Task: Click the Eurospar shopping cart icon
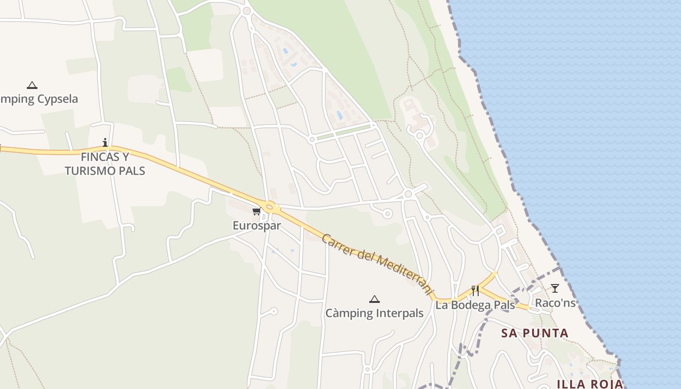click(x=256, y=211)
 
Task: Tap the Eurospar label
click(x=257, y=226)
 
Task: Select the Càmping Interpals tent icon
click(x=374, y=299)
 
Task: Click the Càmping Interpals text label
click(x=375, y=313)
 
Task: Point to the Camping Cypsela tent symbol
click(x=32, y=86)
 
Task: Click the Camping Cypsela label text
click(x=39, y=99)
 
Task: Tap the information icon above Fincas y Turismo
click(x=105, y=142)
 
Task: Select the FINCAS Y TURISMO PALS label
click(x=105, y=164)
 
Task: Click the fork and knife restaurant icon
click(x=475, y=291)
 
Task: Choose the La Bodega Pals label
click(x=475, y=305)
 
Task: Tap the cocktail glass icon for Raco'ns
click(x=555, y=288)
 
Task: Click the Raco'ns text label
click(x=555, y=303)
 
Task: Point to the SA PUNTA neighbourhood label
click(x=535, y=333)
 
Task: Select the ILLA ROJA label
click(x=590, y=384)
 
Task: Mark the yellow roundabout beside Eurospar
click(x=270, y=206)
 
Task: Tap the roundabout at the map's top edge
click(x=247, y=10)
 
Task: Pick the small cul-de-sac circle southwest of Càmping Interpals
click(x=274, y=311)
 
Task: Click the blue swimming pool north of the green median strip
click(x=339, y=115)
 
